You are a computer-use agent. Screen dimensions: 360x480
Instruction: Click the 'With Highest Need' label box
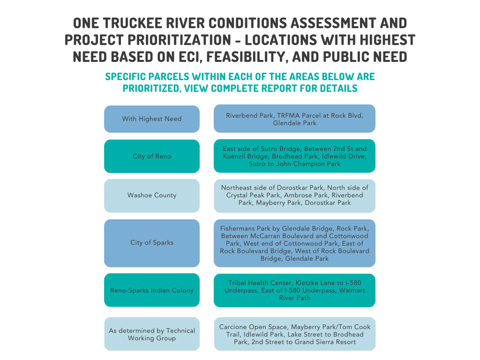click(152, 119)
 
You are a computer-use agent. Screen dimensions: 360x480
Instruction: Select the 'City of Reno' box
click(152, 156)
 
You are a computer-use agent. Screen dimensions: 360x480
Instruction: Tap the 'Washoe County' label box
click(152, 195)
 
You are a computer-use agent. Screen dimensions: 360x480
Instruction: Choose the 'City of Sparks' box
click(152, 243)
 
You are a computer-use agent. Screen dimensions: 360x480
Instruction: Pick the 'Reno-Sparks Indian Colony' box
click(152, 290)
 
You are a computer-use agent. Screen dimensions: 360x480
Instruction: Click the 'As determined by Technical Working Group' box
click(152, 334)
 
